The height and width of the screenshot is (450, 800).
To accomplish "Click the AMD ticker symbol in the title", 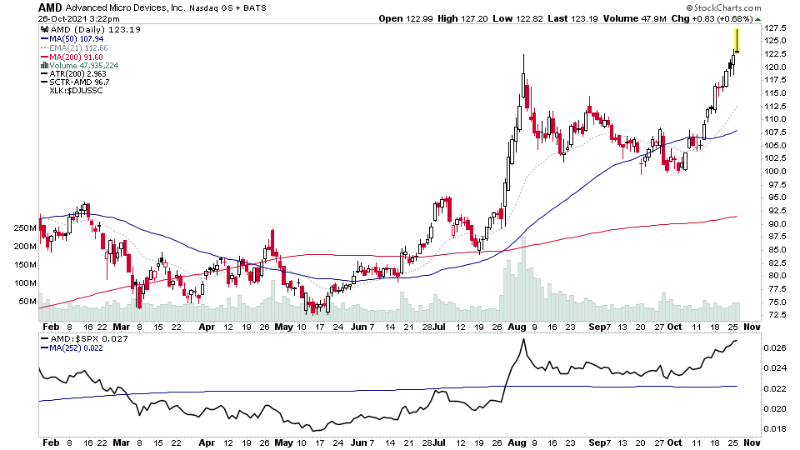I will [x=50, y=7].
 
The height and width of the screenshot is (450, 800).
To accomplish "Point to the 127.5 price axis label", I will [x=776, y=27].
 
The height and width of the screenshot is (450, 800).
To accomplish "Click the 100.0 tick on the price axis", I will [x=776, y=172].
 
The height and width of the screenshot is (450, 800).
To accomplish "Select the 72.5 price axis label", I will [x=774, y=315].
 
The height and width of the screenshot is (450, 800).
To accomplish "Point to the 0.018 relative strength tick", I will [x=776, y=428].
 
